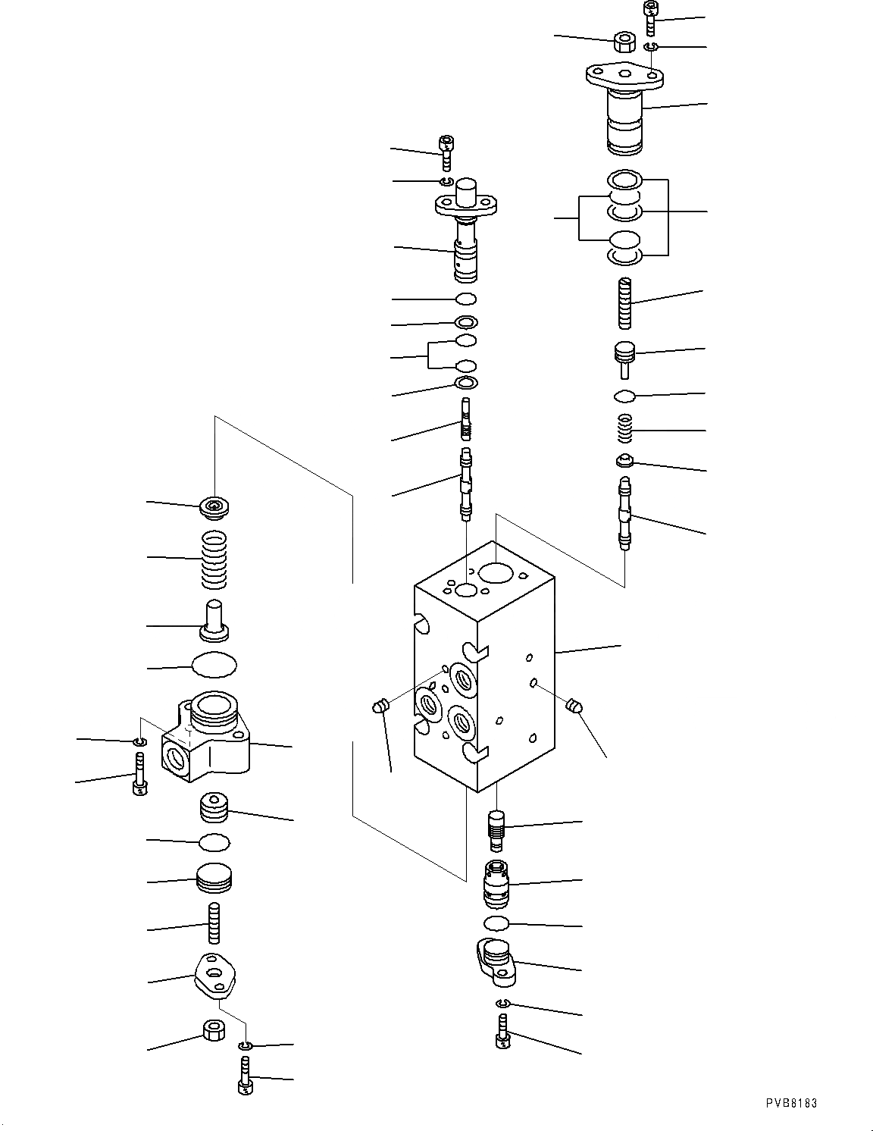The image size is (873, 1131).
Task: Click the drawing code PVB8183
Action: [790, 1104]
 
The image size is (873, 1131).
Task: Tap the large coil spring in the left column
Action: [214, 560]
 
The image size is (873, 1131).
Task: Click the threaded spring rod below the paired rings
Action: [624, 303]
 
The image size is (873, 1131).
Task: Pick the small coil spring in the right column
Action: [624, 431]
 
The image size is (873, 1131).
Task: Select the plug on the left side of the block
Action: [380, 706]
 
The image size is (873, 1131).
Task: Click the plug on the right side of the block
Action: [574, 706]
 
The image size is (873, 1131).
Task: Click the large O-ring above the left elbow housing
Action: [214, 665]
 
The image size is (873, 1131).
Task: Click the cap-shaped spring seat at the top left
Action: [214, 508]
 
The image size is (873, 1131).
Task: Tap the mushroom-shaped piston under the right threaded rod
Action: [623, 358]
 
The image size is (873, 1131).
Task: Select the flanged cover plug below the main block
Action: [496, 961]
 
